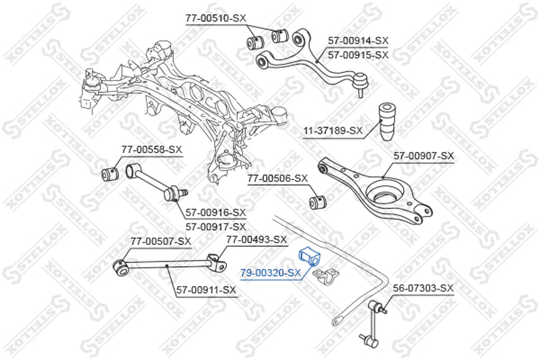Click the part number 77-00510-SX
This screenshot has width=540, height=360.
pos(216,18)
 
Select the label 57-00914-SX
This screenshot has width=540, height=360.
pos(358,41)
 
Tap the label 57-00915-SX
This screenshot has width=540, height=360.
pos(358,55)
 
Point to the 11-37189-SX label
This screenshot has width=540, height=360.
pos(333,131)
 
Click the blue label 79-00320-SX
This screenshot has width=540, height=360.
pos(271,273)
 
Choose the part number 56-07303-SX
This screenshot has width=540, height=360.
pos(423,288)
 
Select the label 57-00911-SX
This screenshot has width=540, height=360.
pos(206,290)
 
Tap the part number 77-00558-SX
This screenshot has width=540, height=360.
pos(152,150)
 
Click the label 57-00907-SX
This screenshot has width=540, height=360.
pos(424,157)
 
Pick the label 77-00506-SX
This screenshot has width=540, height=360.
pos(278,179)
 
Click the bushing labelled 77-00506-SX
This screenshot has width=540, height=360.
pos(318,202)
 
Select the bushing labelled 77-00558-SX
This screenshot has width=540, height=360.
pos(110,173)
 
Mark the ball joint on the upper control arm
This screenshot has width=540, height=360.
pos(361,83)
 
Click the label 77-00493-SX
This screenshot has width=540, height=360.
pos(256,240)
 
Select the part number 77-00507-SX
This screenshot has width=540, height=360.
pos(160,242)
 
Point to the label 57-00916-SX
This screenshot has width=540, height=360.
pos(216,213)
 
